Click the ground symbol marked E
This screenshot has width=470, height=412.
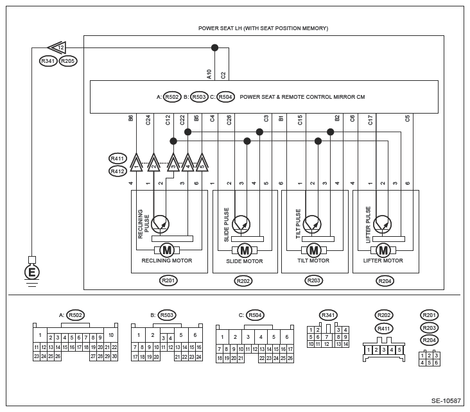click(30, 272)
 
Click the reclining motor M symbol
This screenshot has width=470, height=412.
click(166, 250)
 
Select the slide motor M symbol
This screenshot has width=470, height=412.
click(244, 250)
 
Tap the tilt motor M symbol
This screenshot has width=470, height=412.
click(313, 250)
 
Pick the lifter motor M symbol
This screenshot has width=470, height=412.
click(383, 250)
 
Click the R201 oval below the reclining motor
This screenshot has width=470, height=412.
click(168, 280)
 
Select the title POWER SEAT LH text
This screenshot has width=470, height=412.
click(263, 28)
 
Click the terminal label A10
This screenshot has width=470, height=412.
click(209, 74)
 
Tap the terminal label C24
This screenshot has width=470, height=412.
click(148, 119)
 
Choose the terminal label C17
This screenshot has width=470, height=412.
click(370, 119)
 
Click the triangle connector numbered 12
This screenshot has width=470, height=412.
click(57, 47)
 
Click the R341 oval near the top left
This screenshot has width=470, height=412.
click(48, 62)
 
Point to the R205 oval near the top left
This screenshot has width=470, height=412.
click(68, 62)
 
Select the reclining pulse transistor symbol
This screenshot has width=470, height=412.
click(161, 223)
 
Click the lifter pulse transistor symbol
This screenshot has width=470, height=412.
click(382, 223)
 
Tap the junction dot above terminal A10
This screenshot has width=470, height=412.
click(214, 47)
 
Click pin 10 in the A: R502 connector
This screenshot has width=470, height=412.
click(110, 335)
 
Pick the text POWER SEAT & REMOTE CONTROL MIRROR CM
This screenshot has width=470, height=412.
click(302, 97)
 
